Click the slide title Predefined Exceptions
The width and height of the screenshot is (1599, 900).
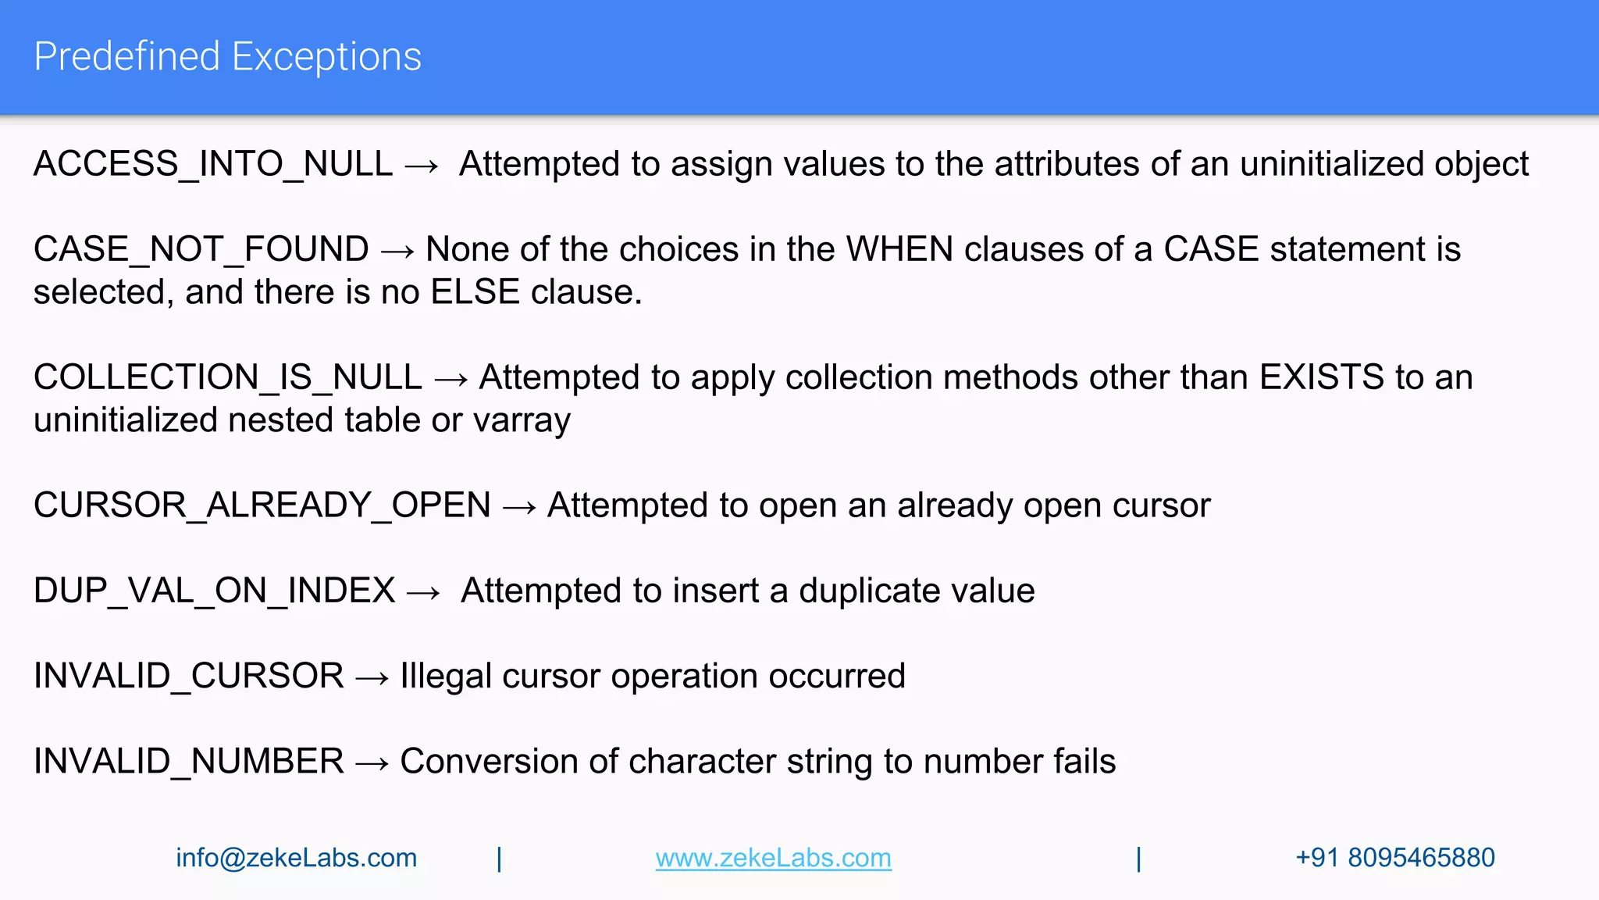coord(227,57)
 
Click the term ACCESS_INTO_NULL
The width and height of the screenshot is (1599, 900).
coord(212,164)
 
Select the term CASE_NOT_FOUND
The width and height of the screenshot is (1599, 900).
coord(201,249)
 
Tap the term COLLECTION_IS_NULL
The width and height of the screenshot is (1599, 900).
coord(227,377)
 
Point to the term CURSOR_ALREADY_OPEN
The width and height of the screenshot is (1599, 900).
coord(262,505)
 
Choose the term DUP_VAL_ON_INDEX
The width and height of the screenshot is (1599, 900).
coord(214,591)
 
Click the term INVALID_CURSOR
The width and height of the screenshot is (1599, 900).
coord(188,676)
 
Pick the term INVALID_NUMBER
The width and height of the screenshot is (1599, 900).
coord(188,762)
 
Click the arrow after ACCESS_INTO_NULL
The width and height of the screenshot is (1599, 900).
coord(422,166)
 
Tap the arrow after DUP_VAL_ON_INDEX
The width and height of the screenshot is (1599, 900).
coord(424,592)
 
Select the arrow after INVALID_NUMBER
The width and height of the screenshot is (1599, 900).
coord(372,763)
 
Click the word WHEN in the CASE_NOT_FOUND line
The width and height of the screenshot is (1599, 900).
coord(899,249)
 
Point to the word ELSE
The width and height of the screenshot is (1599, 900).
coord(475,292)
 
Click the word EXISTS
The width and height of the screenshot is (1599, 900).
coord(1322,377)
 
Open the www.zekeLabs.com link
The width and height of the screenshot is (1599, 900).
coord(773,858)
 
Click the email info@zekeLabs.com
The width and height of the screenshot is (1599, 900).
coord(296,858)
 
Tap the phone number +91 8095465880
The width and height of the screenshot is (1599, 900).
coord(1394,858)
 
